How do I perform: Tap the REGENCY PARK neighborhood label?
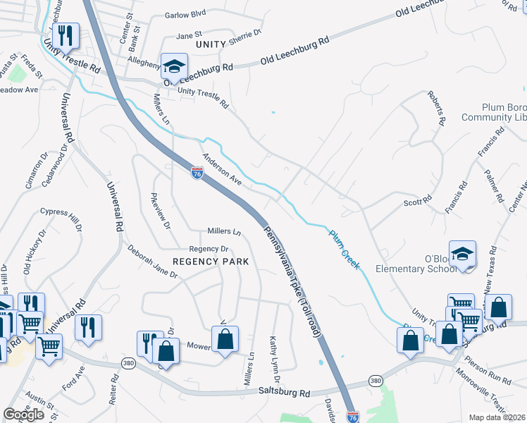[x=211, y=261]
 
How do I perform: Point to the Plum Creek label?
[x=345, y=247]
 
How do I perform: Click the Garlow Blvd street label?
[x=185, y=13]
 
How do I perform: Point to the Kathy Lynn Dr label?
[x=275, y=360]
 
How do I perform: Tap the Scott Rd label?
[x=417, y=202]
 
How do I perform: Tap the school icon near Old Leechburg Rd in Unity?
[x=174, y=66]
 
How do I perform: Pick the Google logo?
[x=24, y=415]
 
